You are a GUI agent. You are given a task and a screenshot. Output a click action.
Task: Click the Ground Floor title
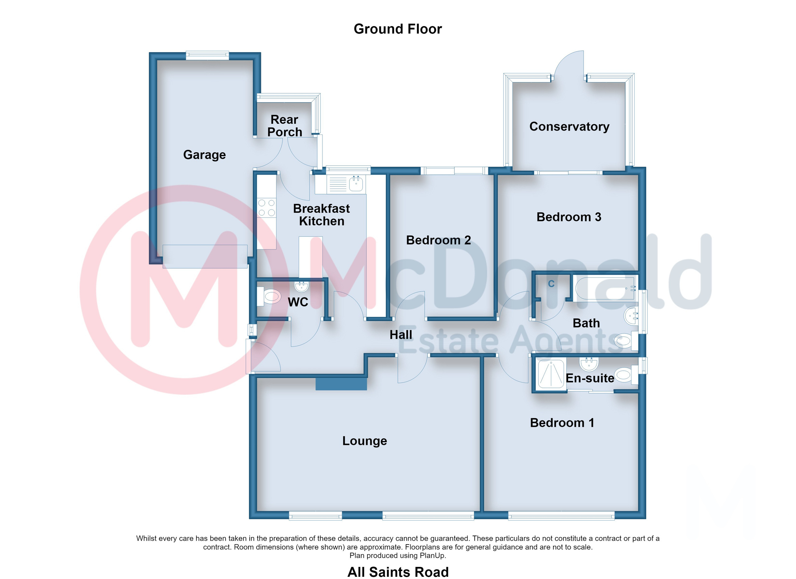point(398,29)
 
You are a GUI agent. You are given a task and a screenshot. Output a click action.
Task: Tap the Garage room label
point(204,155)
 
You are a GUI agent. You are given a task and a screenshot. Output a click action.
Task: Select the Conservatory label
point(569,126)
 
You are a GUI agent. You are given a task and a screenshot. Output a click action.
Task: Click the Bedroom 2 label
point(438,240)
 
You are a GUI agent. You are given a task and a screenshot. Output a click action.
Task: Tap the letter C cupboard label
point(551,284)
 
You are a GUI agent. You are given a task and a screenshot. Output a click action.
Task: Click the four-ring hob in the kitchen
point(266,208)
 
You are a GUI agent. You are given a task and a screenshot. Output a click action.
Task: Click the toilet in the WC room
point(269,297)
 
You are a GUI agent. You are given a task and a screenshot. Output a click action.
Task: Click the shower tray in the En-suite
point(551,374)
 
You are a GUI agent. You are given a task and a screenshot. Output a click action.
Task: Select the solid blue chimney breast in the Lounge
point(341,384)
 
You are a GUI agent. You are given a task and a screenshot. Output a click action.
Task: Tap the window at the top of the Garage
point(207,55)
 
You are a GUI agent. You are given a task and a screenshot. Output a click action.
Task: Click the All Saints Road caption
point(398,572)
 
